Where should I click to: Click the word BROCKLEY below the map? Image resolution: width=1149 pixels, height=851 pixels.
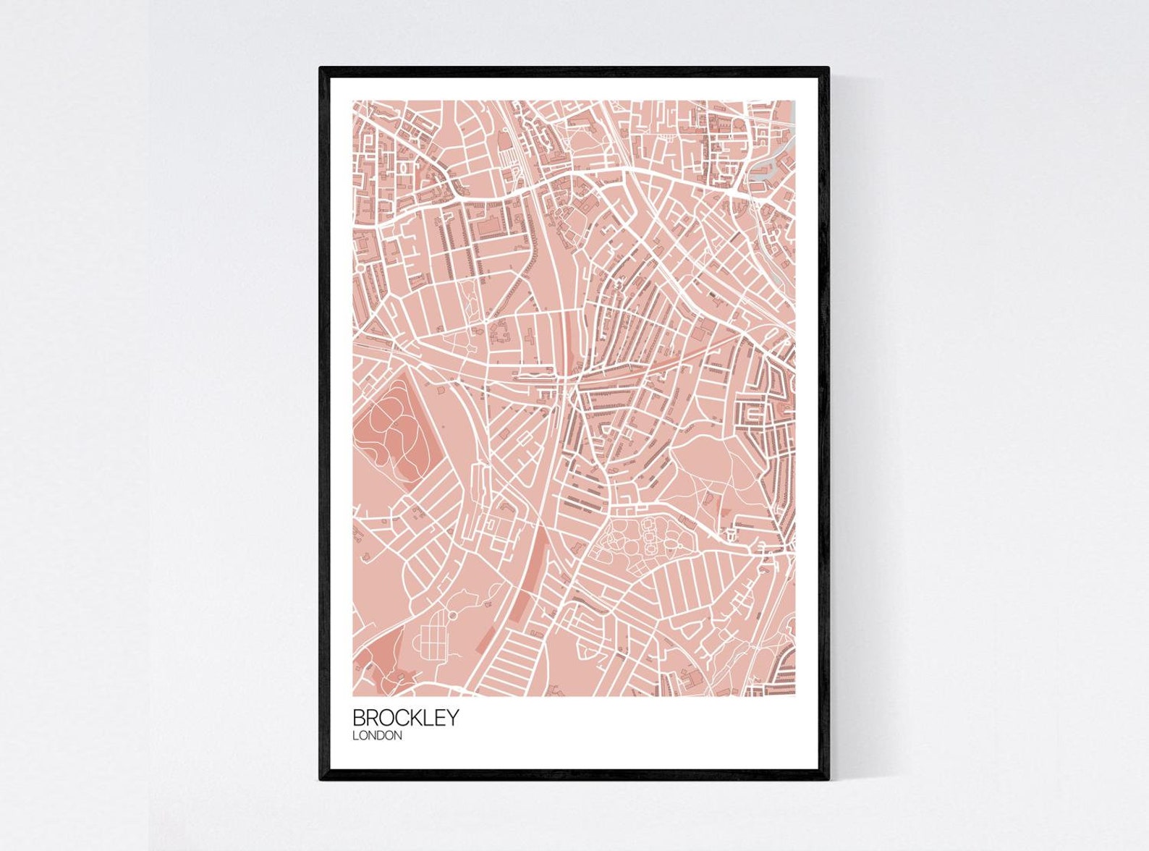(405, 717)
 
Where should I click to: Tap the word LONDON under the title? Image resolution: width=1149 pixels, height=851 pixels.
(377, 736)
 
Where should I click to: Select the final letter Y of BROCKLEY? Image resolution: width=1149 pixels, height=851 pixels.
(452, 717)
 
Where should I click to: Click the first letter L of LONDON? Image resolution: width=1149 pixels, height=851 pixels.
(355, 736)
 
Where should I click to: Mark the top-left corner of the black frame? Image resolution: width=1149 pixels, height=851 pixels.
(321, 69)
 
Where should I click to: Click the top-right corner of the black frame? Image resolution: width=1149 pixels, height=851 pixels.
(828, 69)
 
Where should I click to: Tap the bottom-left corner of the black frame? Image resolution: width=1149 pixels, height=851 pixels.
(321, 779)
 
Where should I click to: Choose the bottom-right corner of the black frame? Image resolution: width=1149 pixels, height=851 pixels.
(828, 779)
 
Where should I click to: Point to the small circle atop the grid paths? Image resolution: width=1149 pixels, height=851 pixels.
(453, 615)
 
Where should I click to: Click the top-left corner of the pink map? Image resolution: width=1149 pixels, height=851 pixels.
(353, 101)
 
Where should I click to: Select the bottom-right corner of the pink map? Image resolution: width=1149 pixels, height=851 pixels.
(795, 695)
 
